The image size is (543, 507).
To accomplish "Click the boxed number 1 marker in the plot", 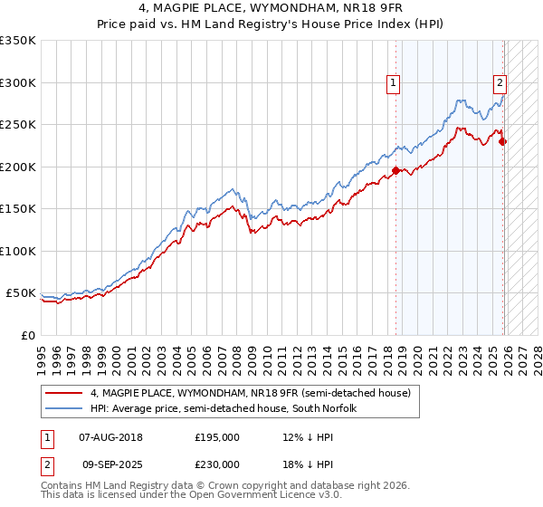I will pos(395,83).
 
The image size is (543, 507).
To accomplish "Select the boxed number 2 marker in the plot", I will pos(500,83).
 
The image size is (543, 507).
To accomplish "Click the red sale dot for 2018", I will pos(395,170).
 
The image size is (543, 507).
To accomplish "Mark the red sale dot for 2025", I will pos(502,141).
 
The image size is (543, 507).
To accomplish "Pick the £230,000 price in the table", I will pos(217,464).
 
